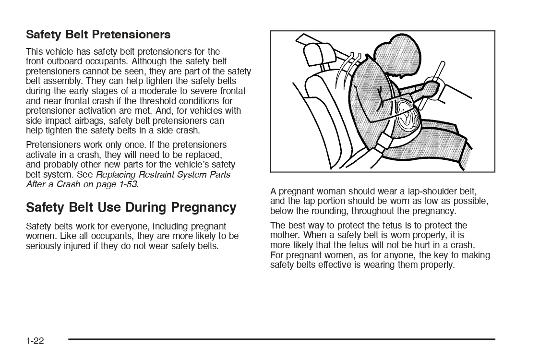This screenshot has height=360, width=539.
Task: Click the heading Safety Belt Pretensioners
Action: point(98,35)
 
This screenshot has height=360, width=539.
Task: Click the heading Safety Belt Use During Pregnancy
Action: point(131,207)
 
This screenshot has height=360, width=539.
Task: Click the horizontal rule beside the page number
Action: point(281,339)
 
